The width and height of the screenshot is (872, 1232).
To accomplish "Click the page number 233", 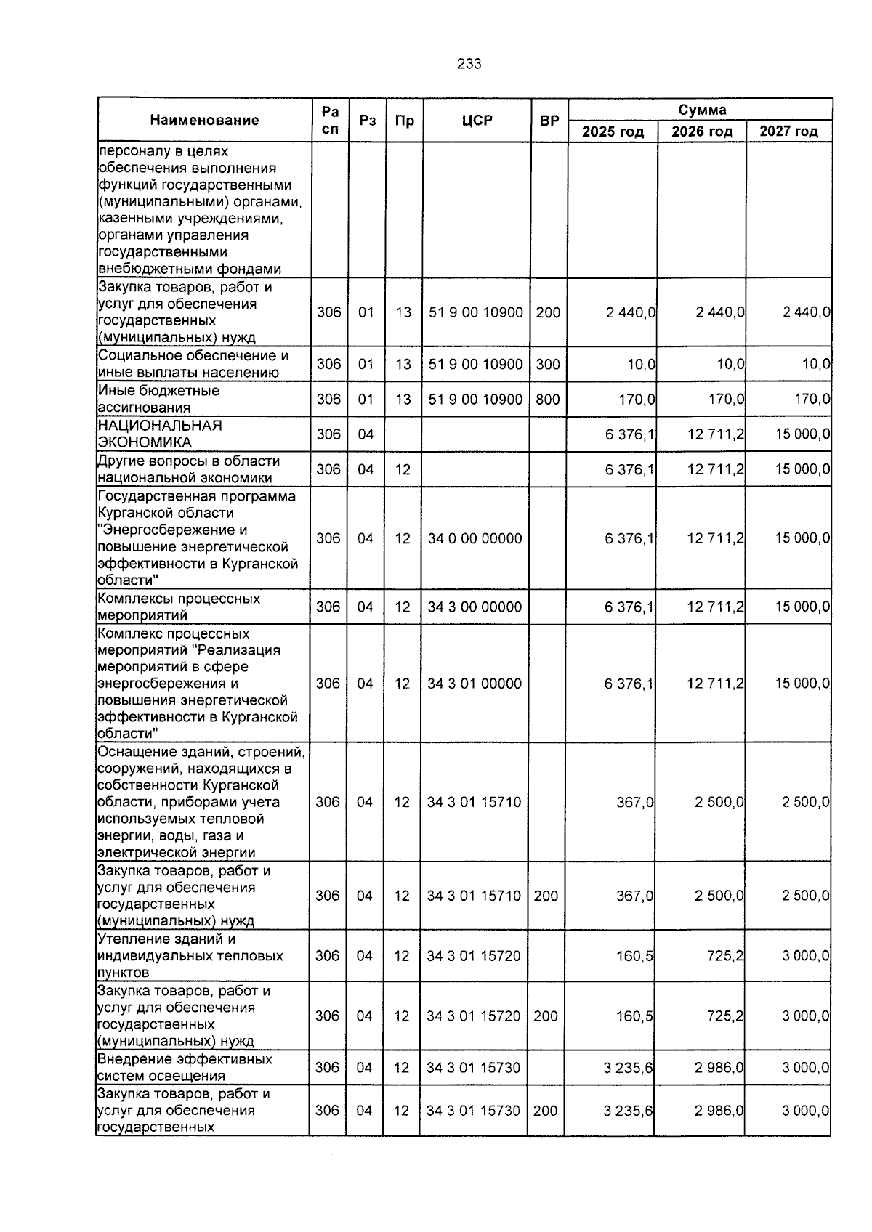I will [x=469, y=64].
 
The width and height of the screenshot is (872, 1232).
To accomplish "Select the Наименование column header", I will [x=204, y=120].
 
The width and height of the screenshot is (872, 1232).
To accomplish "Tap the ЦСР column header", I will [x=477, y=120].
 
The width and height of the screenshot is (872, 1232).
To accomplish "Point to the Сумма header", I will [x=701, y=110].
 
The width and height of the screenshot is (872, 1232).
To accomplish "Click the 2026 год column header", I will [x=701, y=131].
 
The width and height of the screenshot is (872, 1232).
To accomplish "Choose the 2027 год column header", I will [x=788, y=131].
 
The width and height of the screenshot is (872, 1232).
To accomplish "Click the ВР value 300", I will [x=548, y=364].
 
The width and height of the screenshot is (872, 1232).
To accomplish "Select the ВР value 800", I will [x=548, y=399].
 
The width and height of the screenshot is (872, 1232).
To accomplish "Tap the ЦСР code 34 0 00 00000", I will [x=475, y=538].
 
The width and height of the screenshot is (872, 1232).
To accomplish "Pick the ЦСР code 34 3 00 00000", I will [x=475, y=607].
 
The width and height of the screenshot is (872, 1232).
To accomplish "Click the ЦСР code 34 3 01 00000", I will [x=475, y=684].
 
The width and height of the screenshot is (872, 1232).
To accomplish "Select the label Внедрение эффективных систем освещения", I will [x=185, y=1067].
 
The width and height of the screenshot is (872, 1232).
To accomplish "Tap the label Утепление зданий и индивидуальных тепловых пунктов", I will [x=190, y=955].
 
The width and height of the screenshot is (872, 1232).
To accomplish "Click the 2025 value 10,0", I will [x=642, y=364].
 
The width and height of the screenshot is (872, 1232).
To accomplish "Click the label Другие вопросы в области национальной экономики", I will [x=188, y=469].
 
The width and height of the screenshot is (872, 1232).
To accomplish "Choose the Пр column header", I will [x=404, y=120].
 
